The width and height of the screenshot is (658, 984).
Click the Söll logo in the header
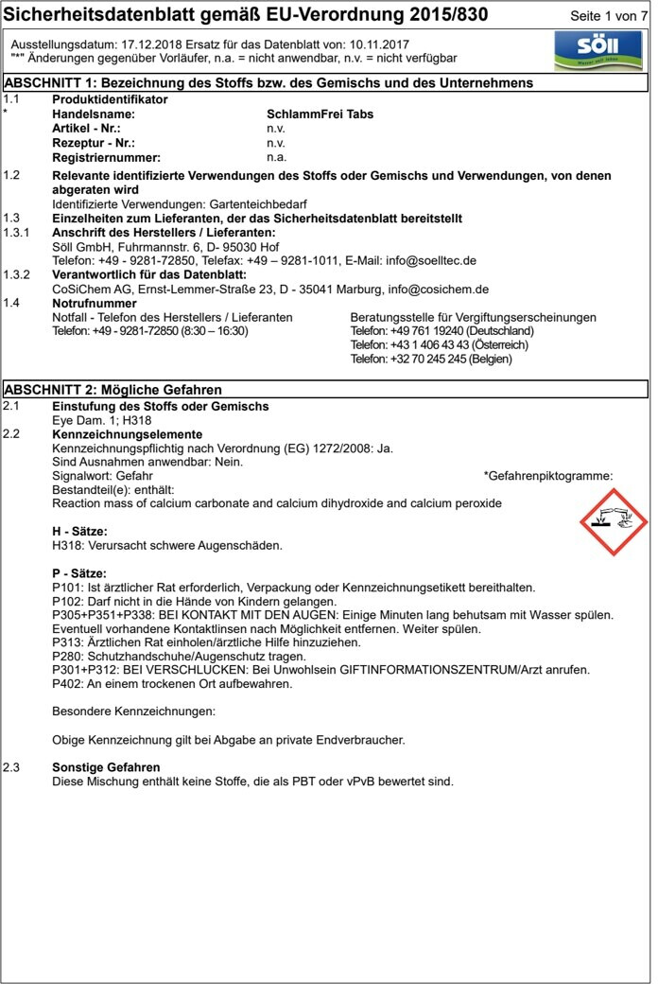pos(597,49)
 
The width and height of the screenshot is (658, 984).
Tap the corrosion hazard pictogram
pos(613,522)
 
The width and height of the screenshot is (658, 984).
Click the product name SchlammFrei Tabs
pos(320,114)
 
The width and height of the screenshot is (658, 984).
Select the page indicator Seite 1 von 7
pos(609,17)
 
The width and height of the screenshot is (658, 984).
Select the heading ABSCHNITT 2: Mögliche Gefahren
pos(113,390)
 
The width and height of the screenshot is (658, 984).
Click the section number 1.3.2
pos(16,274)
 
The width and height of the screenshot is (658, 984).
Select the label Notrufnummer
pos(95,303)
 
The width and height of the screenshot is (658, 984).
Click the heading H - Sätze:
pos(79,532)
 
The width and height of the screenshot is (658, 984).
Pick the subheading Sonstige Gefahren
pos(106,767)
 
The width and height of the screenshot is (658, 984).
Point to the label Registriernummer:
pos(106,157)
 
